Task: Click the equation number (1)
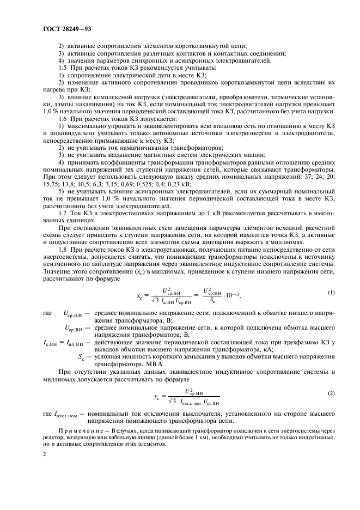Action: [331, 293]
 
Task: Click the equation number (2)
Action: [331, 392]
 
